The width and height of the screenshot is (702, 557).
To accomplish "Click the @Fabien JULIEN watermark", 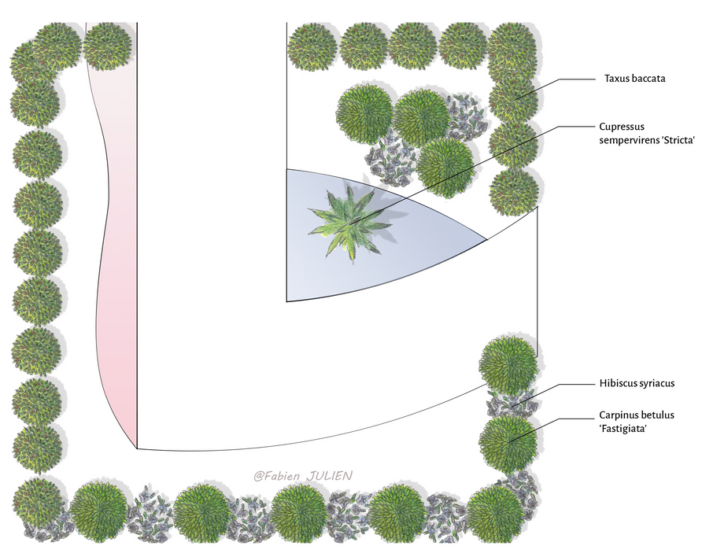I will (303, 475).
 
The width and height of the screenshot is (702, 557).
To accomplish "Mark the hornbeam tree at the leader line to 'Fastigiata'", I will (508, 443).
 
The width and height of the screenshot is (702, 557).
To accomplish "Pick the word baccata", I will (650, 79).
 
